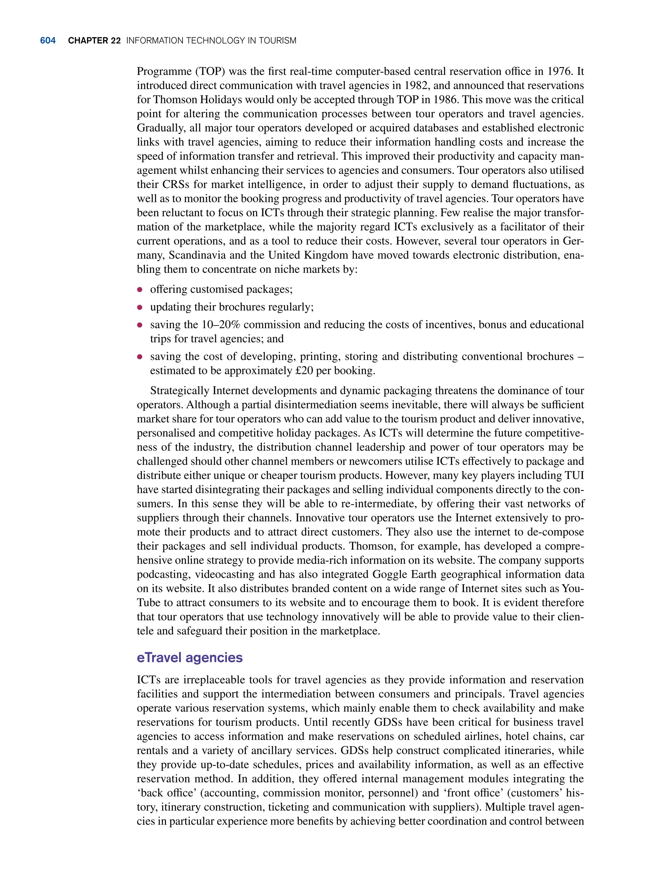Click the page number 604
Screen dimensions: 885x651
click(x=48, y=41)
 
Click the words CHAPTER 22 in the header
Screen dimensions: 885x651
click(x=94, y=41)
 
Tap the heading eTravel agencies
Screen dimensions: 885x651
click(x=189, y=658)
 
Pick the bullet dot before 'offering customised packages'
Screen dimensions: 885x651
click(x=140, y=290)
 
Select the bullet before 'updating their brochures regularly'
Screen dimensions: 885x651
click(x=140, y=308)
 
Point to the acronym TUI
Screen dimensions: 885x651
click(x=574, y=475)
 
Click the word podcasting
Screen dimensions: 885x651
click(x=163, y=574)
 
